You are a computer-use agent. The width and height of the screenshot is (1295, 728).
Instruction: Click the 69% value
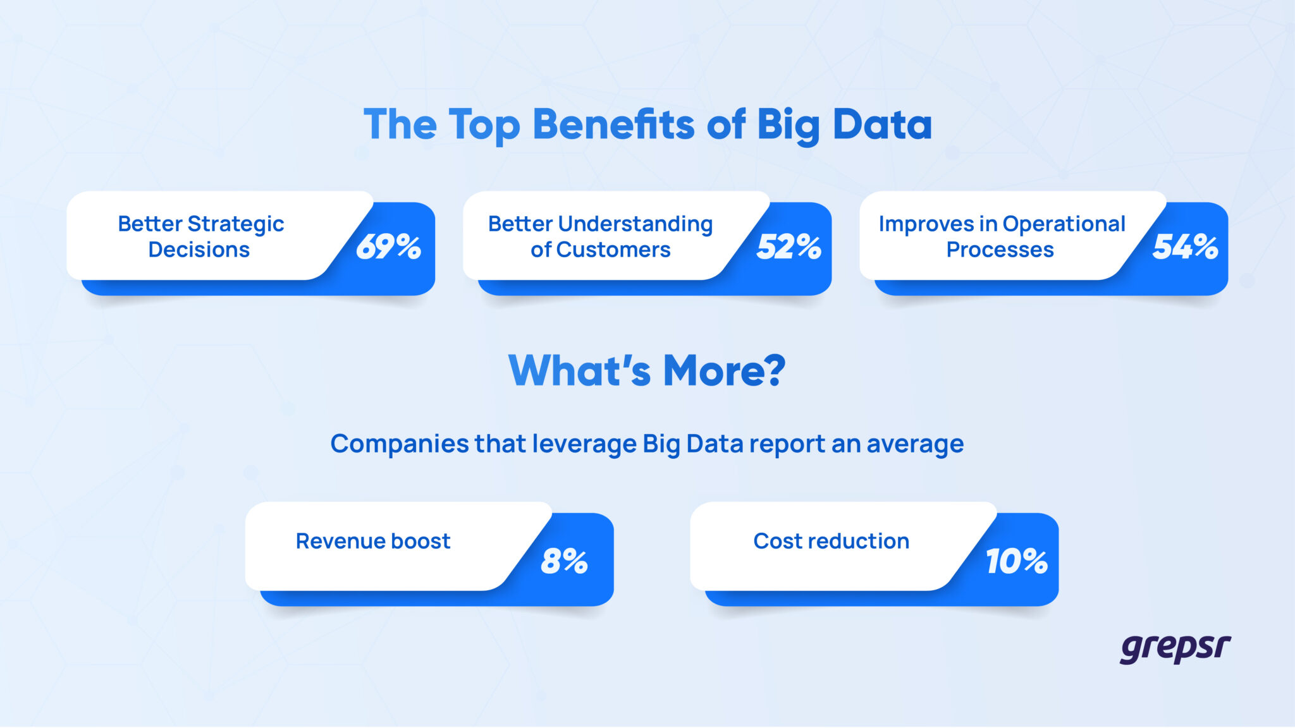[388, 246]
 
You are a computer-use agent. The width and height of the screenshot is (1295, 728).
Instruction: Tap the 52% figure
[789, 246]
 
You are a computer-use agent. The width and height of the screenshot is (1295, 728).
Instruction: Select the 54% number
[1185, 246]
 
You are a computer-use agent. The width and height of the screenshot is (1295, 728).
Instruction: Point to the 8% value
[564, 561]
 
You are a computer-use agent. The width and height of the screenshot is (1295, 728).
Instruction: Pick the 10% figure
[1016, 561]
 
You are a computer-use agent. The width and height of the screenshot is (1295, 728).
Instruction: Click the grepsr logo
[1175, 648]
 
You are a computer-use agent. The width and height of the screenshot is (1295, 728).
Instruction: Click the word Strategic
[236, 224]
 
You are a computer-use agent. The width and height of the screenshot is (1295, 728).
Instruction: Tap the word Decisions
[199, 250]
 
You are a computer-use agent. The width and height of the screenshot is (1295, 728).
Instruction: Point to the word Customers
[613, 250]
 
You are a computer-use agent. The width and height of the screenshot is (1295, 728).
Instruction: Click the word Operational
[1064, 224]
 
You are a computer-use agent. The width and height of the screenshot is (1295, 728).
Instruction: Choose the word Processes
[1000, 250]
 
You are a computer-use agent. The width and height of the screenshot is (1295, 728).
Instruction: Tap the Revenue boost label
[373, 542]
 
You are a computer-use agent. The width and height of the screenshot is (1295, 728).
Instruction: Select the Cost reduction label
[831, 542]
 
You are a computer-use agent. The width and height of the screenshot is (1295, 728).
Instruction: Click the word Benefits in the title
[613, 124]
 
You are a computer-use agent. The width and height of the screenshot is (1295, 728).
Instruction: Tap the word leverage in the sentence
[584, 444]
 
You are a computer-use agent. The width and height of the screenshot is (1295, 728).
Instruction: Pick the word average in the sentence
[915, 444]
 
